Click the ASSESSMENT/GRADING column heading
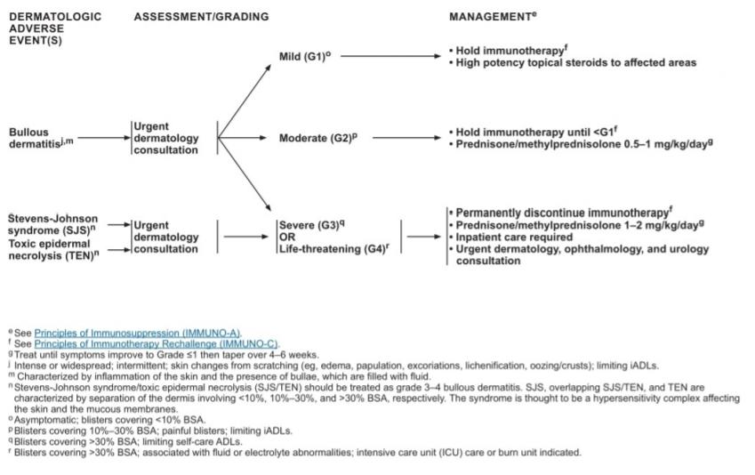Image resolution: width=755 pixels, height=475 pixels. (201, 16)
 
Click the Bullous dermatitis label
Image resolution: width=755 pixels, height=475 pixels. (36, 138)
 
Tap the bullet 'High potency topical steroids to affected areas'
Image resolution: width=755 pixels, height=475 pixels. (575, 62)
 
